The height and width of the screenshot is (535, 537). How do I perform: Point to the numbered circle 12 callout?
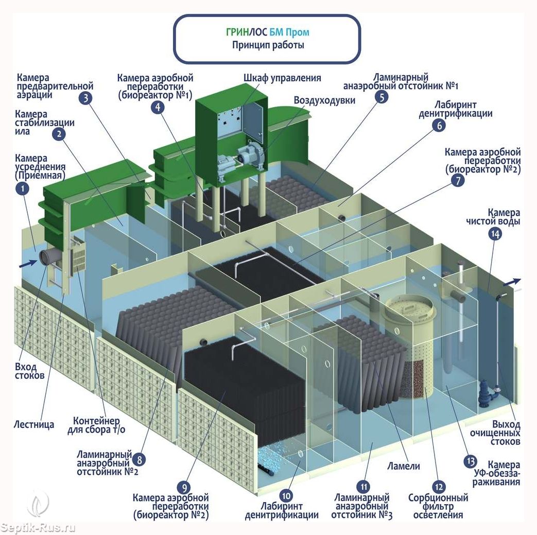point(439,486)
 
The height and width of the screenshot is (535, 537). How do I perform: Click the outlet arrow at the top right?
point(513,281)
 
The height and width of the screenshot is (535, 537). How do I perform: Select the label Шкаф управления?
point(282,78)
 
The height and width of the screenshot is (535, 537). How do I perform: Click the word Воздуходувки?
point(324,100)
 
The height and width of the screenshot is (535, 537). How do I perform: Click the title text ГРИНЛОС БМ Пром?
point(267,32)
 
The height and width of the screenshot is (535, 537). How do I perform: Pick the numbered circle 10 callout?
point(287,496)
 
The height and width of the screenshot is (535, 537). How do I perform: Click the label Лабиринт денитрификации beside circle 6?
point(455,109)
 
